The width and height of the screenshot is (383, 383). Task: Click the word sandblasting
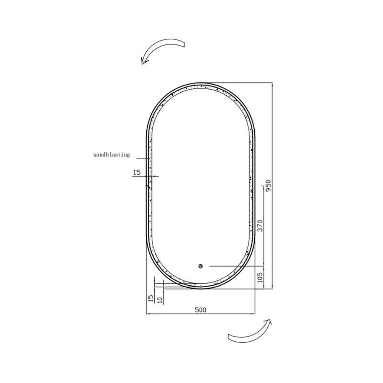click(x=111, y=155)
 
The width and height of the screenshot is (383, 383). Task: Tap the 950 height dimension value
click(x=268, y=186)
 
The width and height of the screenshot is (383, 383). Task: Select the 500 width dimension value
click(x=201, y=310)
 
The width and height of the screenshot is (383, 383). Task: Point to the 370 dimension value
click(x=260, y=226)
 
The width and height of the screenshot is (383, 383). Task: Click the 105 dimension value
click(x=260, y=278)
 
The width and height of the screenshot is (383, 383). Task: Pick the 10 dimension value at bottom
click(x=160, y=300)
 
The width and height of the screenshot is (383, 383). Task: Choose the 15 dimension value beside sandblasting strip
click(x=137, y=172)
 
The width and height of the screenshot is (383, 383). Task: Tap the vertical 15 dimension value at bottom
click(x=151, y=298)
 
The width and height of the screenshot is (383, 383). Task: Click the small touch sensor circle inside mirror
click(x=201, y=266)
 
